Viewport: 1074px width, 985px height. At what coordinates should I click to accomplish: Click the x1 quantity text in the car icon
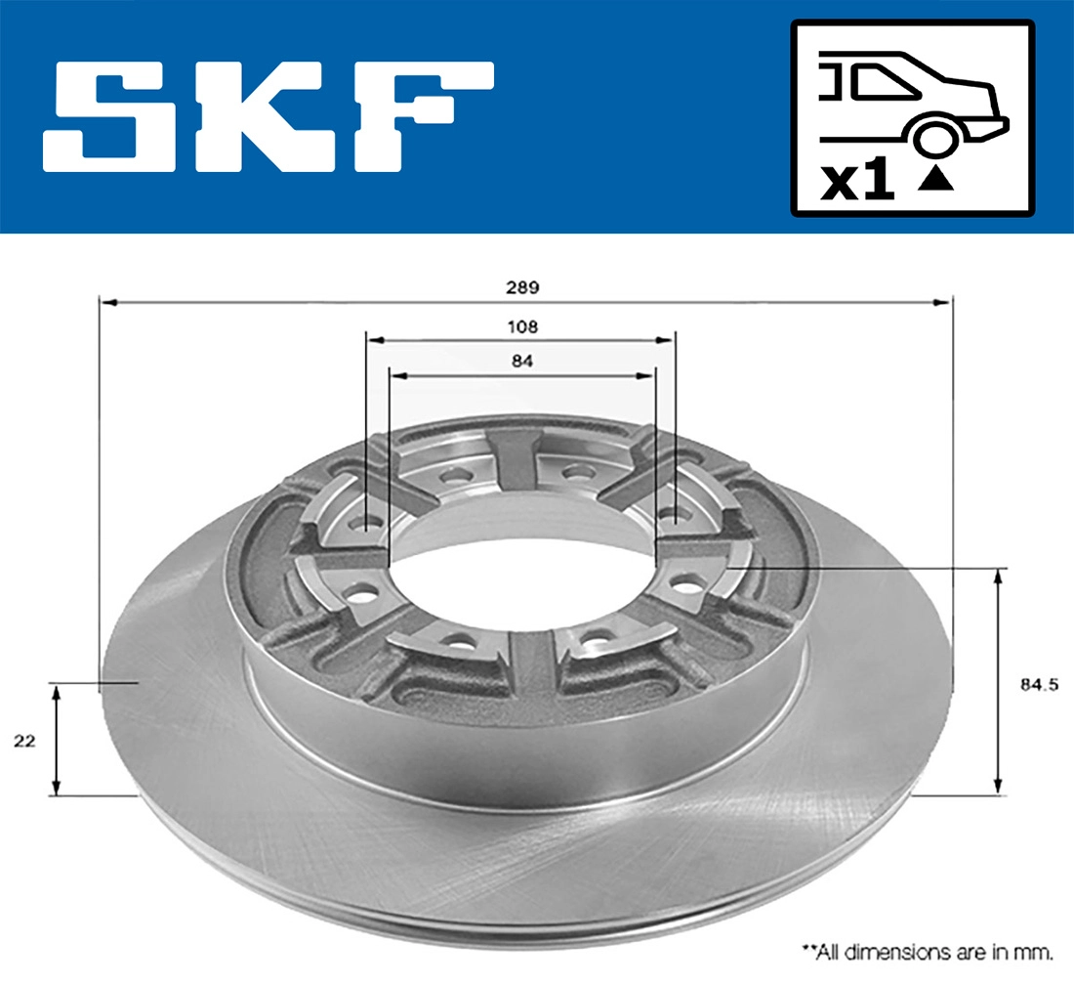[x=857, y=183]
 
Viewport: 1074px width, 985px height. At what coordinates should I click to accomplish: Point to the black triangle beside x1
[x=935, y=179]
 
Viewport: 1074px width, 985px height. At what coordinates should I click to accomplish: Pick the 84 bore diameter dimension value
[x=521, y=361]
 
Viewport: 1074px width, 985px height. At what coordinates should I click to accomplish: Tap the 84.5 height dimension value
[x=1040, y=685]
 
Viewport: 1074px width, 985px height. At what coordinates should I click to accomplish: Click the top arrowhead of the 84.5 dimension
[x=998, y=576]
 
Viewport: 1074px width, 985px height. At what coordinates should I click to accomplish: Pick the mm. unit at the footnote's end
[x=1039, y=950]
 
